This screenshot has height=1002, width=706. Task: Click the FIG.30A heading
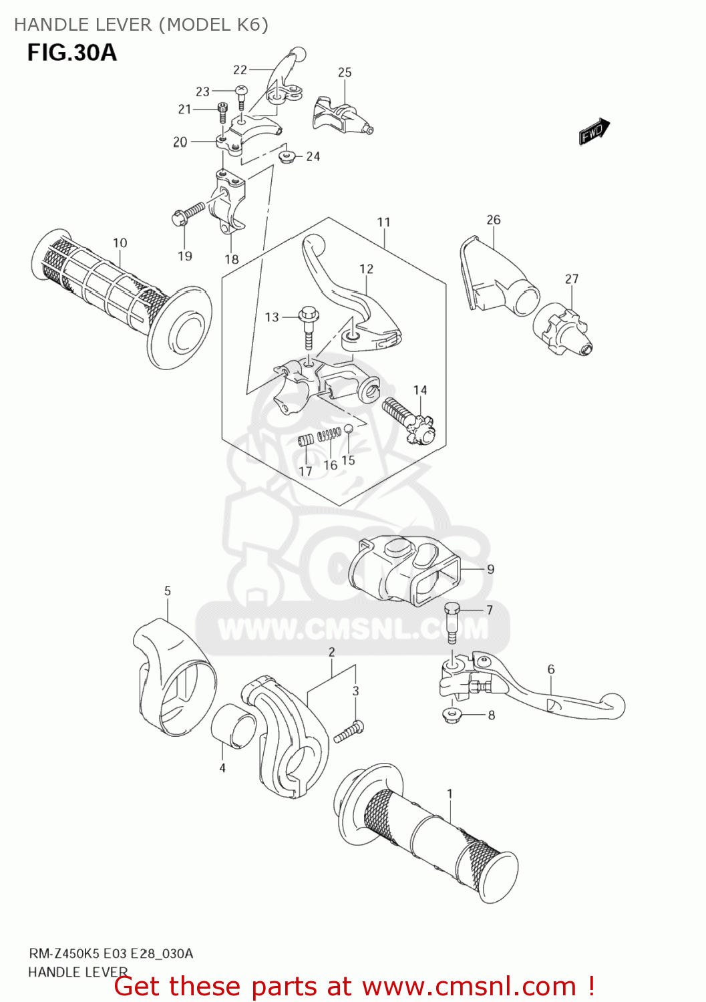[x=71, y=52]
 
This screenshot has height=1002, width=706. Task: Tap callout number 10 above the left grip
[x=120, y=243]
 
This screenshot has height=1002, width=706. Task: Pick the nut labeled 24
[x=287, y=157]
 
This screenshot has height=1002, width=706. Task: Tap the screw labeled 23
[x=242, y=94]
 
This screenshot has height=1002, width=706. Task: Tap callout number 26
[x=493, y=220]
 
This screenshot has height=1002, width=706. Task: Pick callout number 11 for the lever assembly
[x=383, y=222]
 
